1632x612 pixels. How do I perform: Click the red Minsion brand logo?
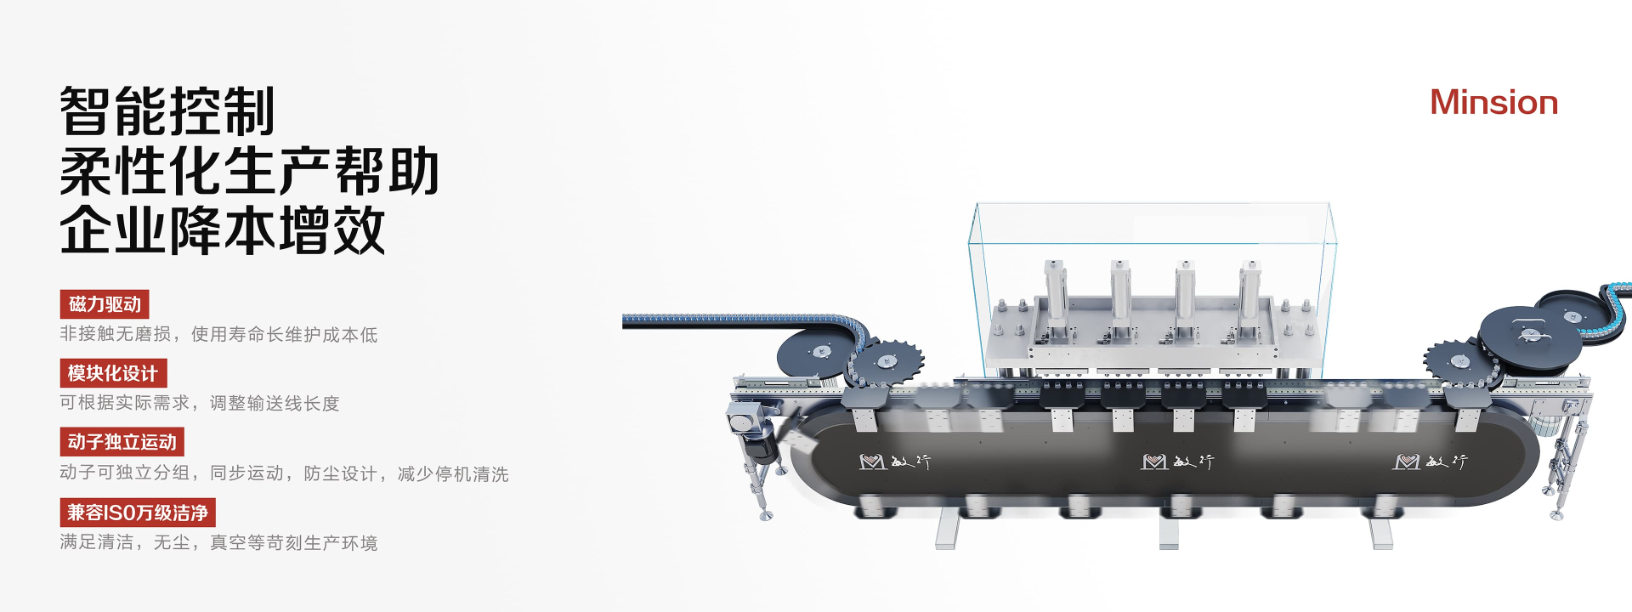[x=1493, y=103]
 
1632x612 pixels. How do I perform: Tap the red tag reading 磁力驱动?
[x=105, y=304]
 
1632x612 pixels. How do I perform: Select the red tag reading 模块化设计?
[x=113, y=373]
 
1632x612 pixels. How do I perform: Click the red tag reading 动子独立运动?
[x=122, y=442]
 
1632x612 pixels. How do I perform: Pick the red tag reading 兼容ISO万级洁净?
[x=138, y=513]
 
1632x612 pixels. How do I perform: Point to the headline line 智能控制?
[x=167, y=111]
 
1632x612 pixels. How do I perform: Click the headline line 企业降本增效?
[x=223, y=229]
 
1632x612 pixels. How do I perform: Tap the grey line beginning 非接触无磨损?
[x=218, y=334]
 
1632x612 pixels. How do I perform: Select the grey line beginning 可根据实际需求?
[x=200, y=403]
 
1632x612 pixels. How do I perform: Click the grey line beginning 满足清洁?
[x=218, y=542]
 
